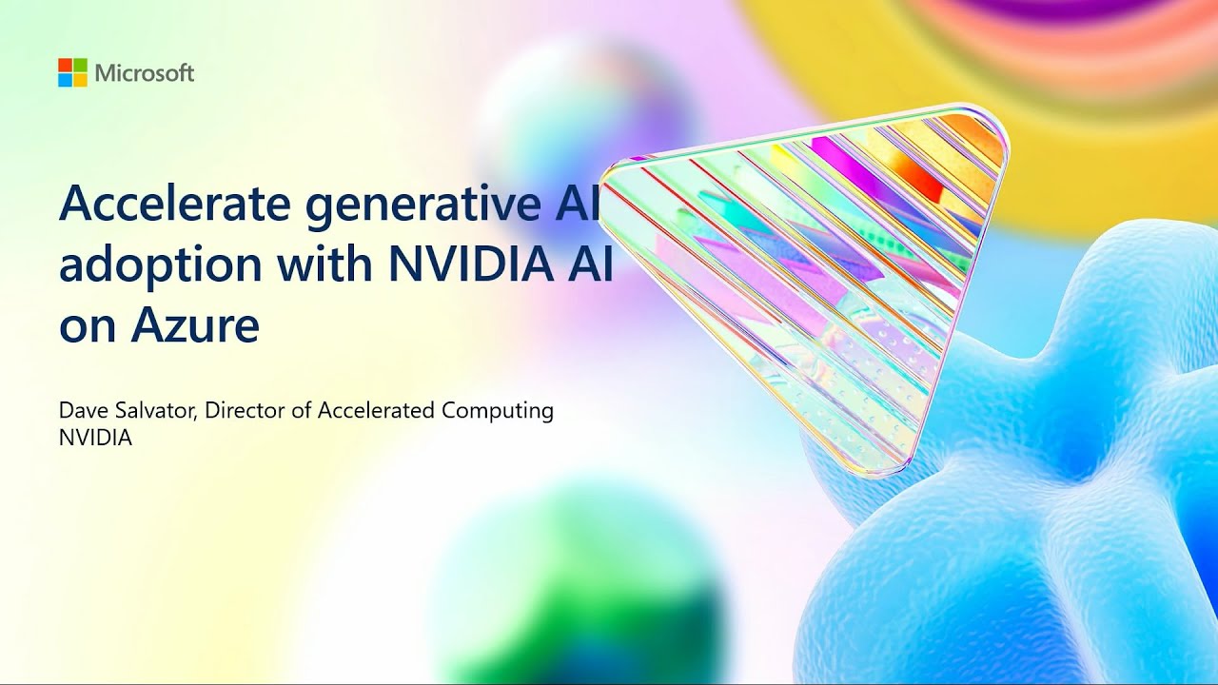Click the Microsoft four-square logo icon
pyautogui.click(x=72, y=72)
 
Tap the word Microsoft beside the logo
pyautogui.click(x=145, y=73)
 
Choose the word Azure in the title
pyautogui.click(x=194, y=325)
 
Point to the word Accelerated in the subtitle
pyautogui.click(x=376, y=411)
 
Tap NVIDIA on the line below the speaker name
pyautogui.click(x=95, y=438)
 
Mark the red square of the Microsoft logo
pyautogui.click(x=65, y=65)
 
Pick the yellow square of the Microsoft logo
pyautogui.click(x=80, y=80)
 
